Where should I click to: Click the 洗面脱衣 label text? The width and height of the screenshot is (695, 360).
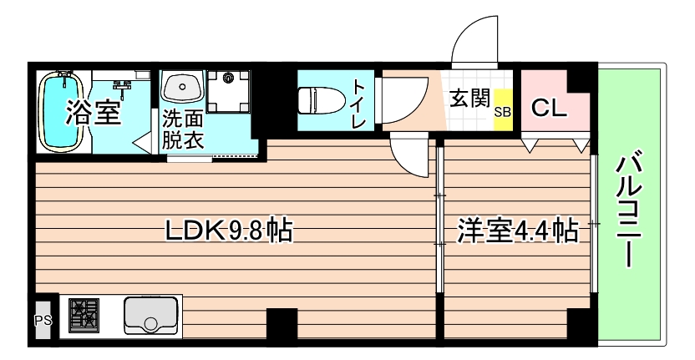[x=183, y=129]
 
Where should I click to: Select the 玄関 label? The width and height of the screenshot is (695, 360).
[x=469, y=99]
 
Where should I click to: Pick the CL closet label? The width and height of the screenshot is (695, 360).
[x=549, y=108]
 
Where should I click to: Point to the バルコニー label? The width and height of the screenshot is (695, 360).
[x=631, y=209]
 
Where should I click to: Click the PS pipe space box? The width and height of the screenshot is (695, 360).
[x=42, y=319]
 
